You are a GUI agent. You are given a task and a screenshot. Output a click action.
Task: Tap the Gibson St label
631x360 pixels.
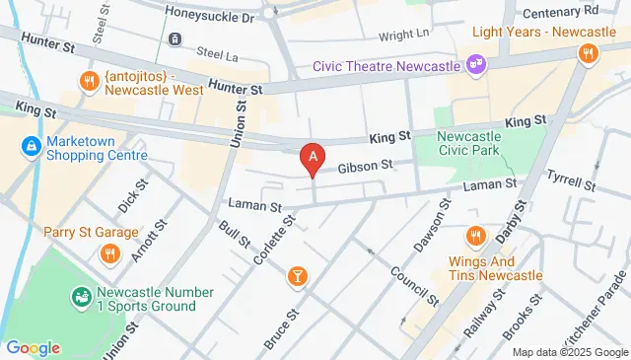tap(366, 166)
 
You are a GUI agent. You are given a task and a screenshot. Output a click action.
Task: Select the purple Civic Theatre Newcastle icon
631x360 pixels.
tap(476, 65)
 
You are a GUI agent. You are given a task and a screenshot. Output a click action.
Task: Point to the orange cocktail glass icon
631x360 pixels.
tap(296, 277)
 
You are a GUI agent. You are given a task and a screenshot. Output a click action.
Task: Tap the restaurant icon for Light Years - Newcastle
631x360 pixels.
tap(588, 54)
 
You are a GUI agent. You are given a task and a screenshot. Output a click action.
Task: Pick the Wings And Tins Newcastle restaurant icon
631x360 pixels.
tap(475, 235)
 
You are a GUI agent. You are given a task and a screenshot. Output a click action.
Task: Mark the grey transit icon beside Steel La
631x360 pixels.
tap(174, 39)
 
